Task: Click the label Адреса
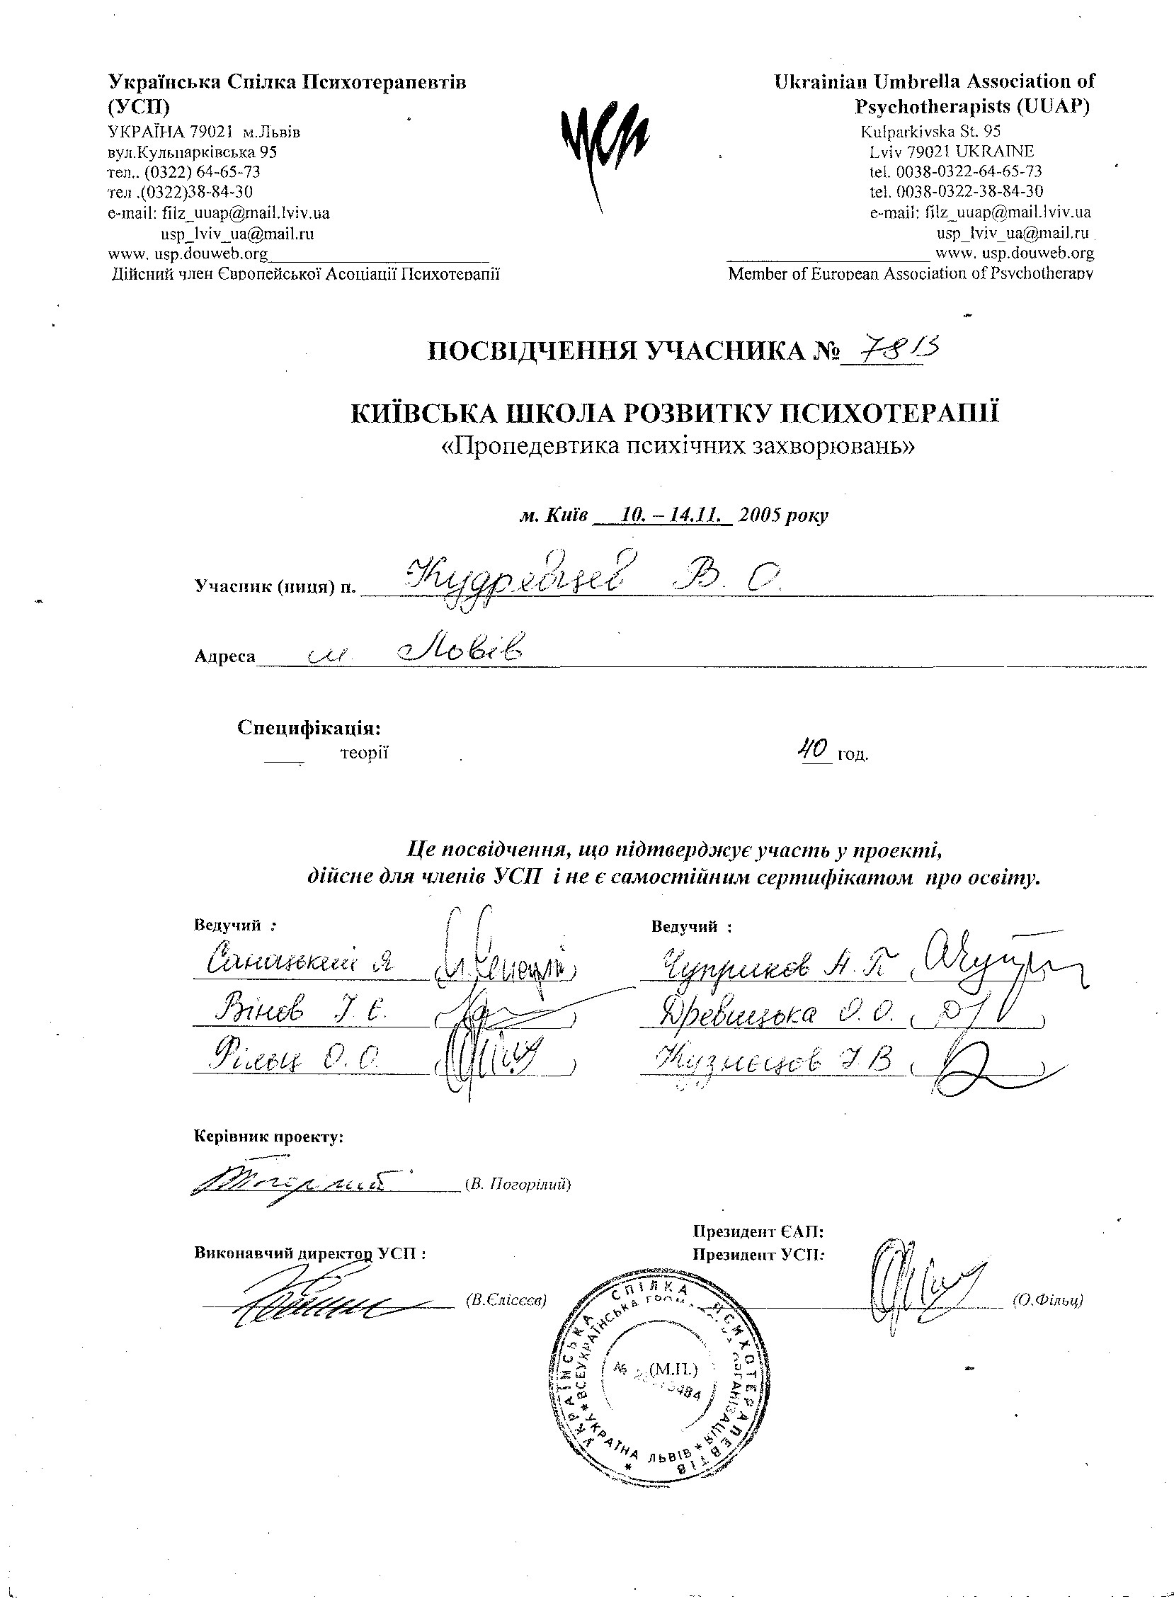point(224,656)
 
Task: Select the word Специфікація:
point(309,728)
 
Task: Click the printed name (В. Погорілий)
point(518,1185)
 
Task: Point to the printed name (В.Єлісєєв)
point(506,1300)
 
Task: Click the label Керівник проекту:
point(268,1137)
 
